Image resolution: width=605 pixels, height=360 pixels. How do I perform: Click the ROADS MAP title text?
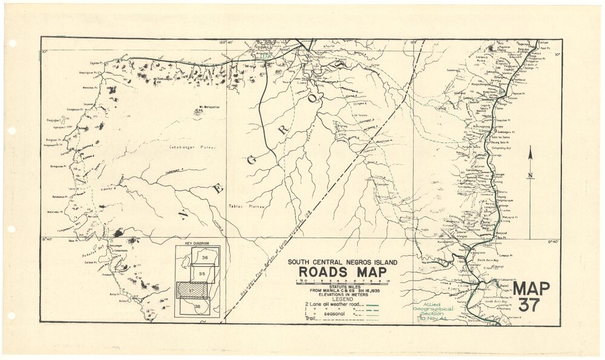(342, 271)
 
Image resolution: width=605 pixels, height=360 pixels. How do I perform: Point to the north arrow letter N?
(530, 176)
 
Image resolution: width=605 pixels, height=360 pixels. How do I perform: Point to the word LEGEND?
(342, 299)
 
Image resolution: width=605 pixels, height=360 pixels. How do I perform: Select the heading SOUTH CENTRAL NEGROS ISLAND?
(342, 261)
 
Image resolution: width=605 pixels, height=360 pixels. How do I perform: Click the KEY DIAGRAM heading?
(197, 243)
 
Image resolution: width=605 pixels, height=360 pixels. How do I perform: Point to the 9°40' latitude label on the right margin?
(553, 241)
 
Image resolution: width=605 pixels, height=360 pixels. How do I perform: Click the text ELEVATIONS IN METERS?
(342, 295)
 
